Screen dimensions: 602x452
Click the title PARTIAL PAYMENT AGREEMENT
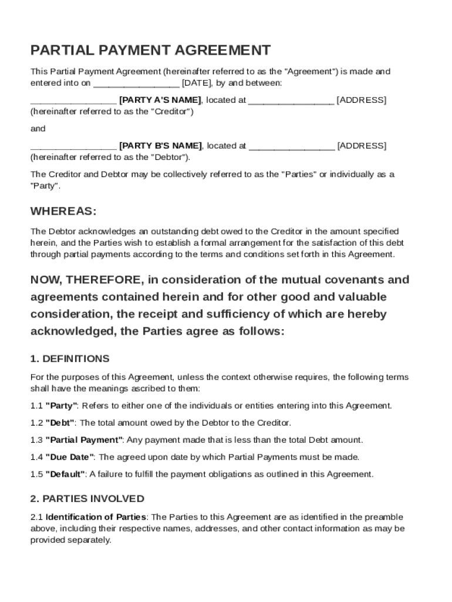[150, 50]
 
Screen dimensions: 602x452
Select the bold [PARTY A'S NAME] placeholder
[160, 100]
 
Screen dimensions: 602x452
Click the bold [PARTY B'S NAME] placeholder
[160, 146]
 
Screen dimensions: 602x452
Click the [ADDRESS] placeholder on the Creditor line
[362, 100]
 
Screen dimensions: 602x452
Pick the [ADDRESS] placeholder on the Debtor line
[362, 146]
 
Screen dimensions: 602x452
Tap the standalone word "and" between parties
[38, 129]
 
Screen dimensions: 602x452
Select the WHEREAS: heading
[63, 211]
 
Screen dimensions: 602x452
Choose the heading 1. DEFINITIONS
[70, 359]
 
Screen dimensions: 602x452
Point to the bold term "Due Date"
[70, 457]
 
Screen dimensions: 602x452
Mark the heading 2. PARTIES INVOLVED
[87, 499]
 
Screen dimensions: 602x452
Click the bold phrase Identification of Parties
[96, 517]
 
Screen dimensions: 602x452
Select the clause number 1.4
[36, 457]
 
